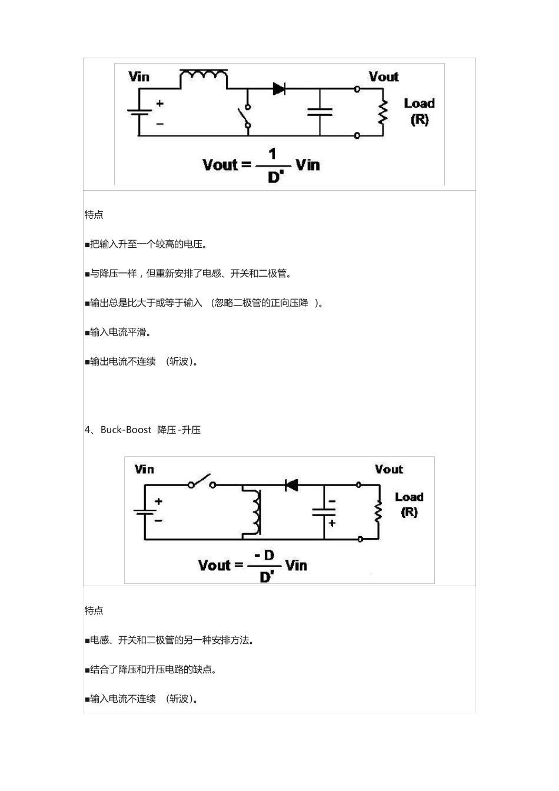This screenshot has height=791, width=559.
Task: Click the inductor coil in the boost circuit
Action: coord(204,76)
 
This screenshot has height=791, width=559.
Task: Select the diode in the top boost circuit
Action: coord(279,89)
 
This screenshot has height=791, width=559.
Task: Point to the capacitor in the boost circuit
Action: coord(320,111)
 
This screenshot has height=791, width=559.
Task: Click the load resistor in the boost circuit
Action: coord(383,112)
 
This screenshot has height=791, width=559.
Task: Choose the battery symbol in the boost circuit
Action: coord(139,112)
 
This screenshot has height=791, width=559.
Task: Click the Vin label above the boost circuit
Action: coord(139,77)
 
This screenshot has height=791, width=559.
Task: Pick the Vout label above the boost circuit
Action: coord(384,77)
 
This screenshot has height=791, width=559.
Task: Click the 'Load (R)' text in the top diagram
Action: coord(419,111)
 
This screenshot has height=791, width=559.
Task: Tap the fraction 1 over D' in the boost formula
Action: coord(272,165)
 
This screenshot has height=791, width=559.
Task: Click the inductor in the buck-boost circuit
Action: coord(256,511)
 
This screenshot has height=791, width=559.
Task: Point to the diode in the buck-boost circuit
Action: coord(291,485)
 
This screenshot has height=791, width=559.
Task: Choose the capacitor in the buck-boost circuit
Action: coord(324,512)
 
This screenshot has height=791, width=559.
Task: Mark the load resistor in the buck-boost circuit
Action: coord(378,511)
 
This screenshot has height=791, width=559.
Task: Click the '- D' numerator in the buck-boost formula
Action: coord(265,556)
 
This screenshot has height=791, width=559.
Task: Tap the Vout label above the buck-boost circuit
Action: coord(389,469)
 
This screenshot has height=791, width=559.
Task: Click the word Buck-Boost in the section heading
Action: coord(126,430)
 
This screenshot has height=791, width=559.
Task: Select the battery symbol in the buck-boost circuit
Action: coord(145,511)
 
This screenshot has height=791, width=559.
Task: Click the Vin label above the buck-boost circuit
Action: coord(144,469)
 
